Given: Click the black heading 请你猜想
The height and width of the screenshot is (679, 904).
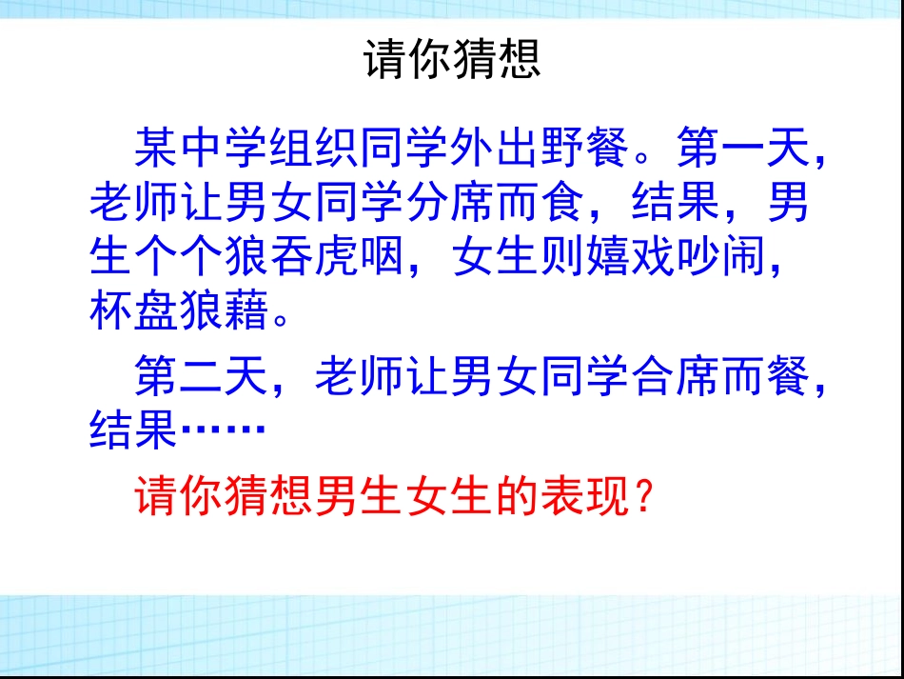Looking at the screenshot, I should pos(452,59).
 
